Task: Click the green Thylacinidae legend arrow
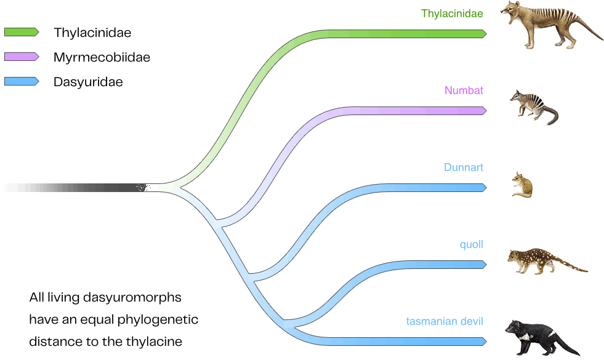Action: [x=22, y=32]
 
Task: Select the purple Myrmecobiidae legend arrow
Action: [x=22, y=57]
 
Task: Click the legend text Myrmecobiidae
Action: [x=102, y=57]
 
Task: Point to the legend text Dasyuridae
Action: [x=88, y=82]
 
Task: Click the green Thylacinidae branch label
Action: [x=452, y=13]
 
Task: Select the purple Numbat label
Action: [x=464, y=90]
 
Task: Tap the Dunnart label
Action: [x=464, y=167]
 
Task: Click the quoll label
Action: [x=471, y=244]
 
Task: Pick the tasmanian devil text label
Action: [x=445, y=321]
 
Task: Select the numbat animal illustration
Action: [x=533, y=106]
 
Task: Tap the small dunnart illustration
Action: [x=523, y=185]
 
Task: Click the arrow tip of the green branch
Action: [x=484, y=34]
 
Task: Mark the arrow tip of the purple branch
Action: [x=484, y=111]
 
